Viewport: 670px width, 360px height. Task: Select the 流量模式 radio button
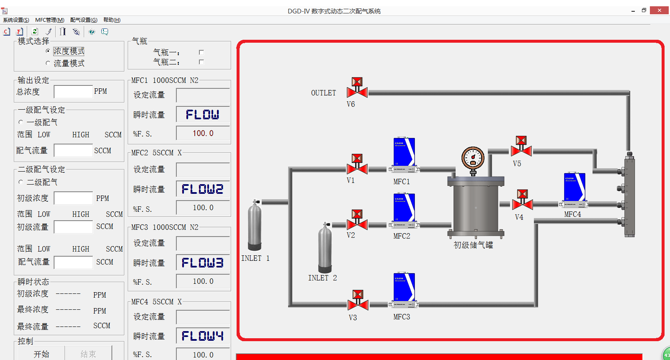coord(48,63)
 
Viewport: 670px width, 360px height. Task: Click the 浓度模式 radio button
coord(48,51)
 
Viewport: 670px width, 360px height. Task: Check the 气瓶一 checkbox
coord(201,53)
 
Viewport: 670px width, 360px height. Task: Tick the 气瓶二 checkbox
coord(201,62)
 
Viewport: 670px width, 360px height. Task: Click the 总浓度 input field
coord(73,92)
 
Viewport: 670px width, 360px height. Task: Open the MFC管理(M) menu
coord(50,20)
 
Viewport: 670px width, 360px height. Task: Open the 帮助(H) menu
coord(112,20)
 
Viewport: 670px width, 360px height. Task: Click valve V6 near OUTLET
coord(357,88)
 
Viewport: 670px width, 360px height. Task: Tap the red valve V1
coord(357,164)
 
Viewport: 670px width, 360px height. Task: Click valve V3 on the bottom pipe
coord(358,300)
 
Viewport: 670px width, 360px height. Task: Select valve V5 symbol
coord(521,147)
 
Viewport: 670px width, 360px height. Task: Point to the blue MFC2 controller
coord(404,211)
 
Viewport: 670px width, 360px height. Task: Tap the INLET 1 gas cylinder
coord(255,225)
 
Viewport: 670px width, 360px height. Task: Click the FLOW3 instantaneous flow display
coord(203,263)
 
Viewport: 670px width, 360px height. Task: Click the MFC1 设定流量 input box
coord(203,95)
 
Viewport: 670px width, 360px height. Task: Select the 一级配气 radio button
coord(21,122)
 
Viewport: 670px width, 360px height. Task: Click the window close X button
coord(659,10)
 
